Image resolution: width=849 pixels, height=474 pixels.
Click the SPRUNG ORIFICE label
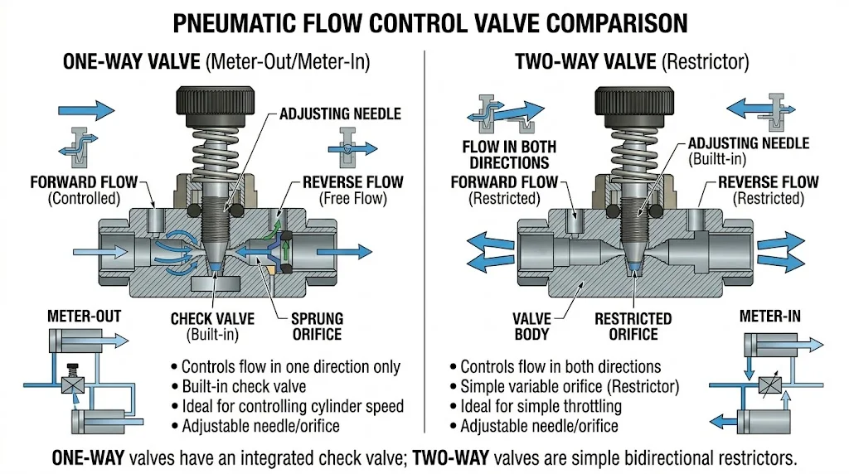[x=317, y=326]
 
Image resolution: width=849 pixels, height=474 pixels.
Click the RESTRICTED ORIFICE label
[x=633, y=326]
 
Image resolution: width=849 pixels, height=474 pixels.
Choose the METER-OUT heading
[x=84, y=316]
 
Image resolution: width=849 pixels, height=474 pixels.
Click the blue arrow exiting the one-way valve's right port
[x=355, y=249]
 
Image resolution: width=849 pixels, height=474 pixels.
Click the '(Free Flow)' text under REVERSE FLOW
[x=353, y=198]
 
